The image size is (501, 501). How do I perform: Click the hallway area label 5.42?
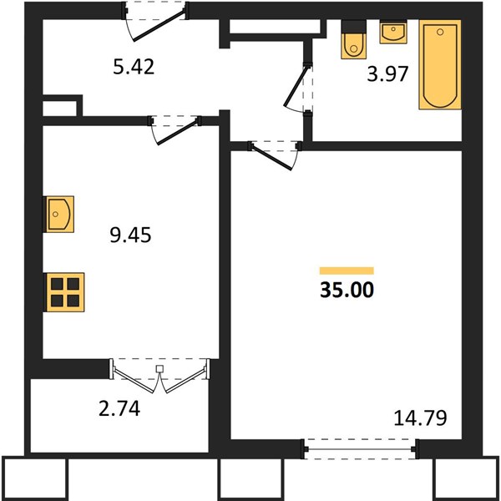134,67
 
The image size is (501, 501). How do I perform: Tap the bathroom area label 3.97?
387,73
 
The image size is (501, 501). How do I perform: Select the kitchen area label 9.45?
130,235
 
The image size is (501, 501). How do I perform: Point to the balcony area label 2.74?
119,408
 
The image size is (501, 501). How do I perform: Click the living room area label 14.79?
420,418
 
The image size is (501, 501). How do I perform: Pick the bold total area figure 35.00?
347,290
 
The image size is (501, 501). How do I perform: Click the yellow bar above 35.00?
347,271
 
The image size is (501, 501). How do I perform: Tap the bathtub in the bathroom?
440,64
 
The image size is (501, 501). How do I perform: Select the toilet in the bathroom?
353,39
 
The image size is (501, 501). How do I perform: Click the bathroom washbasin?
393,32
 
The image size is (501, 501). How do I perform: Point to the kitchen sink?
58,214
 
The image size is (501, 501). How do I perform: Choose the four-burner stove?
64,292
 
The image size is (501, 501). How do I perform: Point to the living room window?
360,449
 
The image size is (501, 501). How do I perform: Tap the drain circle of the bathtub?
440,32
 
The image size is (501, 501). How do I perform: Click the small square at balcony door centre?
159,369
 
